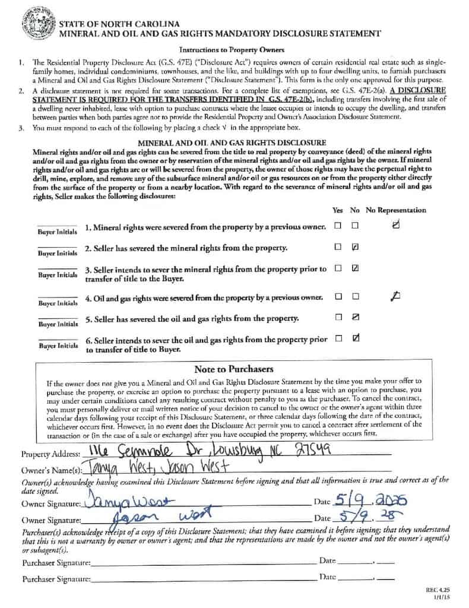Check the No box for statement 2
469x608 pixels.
(355, 246)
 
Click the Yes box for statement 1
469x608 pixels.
(338, 226)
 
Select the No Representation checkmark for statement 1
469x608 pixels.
(396, 224)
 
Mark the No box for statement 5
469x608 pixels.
(355, 318)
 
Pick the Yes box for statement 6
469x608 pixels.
(338, 339)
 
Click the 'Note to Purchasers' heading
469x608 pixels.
(233, 369)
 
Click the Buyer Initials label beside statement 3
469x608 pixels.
(58, 275)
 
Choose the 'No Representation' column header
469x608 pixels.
(395, 210)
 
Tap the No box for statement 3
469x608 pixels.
(355, 268)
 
